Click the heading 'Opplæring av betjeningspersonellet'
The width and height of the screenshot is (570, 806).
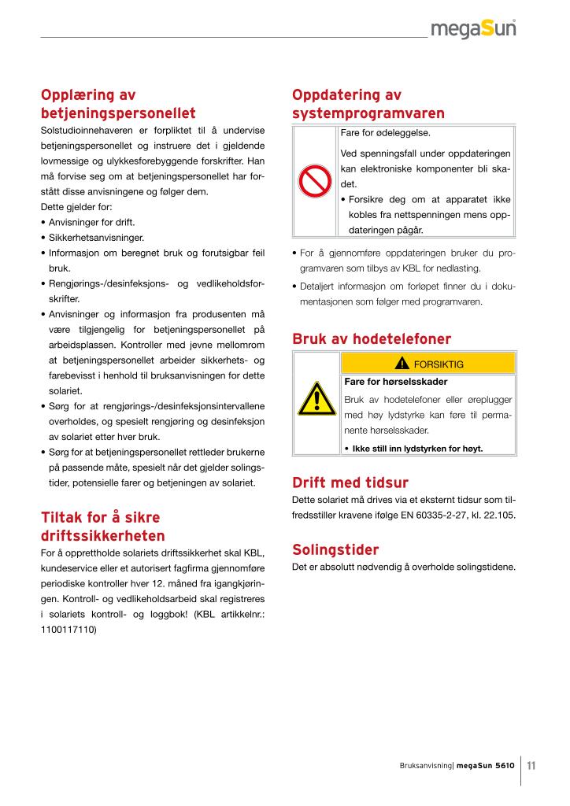[x=118, y=104]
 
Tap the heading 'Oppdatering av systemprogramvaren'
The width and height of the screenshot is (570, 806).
[x=368, y=104]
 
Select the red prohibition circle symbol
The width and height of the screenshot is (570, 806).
[x=315, y=182]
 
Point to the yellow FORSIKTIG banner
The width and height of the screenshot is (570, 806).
[x=428, y=364]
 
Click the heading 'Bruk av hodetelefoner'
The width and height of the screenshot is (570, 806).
[x=372, y=339]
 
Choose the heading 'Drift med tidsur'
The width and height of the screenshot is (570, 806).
[x=350, y=482]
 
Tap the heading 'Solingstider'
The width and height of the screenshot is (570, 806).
[x=335, y=549]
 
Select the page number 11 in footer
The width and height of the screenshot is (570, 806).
[x=531, y=765]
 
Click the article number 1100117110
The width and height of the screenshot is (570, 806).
[x=68, y=630]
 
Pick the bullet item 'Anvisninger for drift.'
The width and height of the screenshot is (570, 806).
[x=93, y=222]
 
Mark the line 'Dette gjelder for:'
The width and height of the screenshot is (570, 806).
[x=76, y=207]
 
